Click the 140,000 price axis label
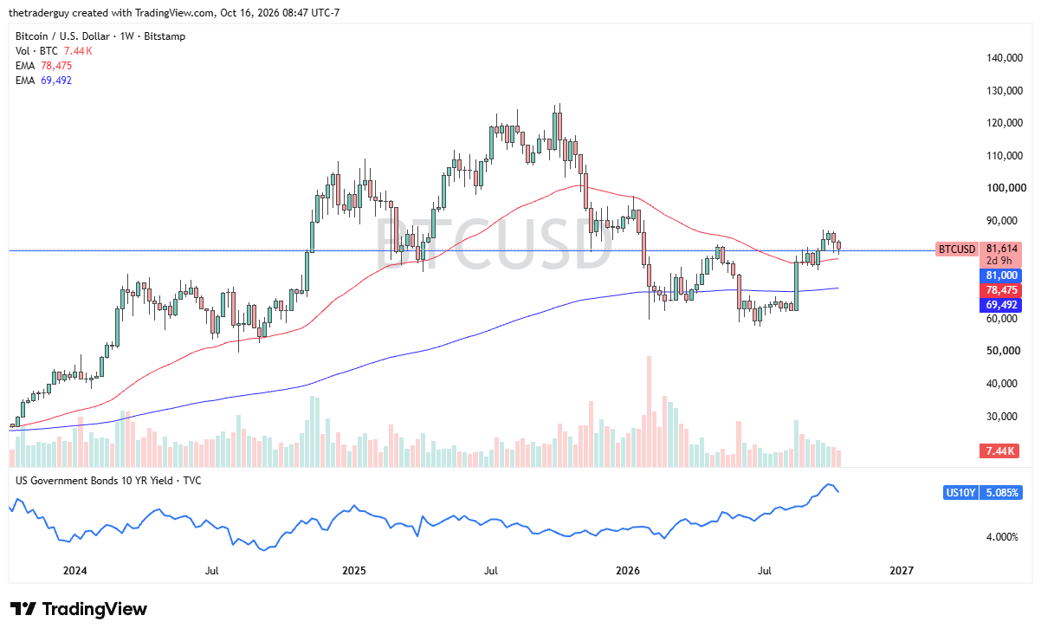pyautogui.click(x=1005, y=58)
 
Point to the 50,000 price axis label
pyautogui.click(x=1005, y=351)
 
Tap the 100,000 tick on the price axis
pyautogui.click(x=1006, y=188)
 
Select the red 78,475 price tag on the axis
pyautogui.click(x=1001, y=290)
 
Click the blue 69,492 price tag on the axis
pyautogui.click(x=1001, y=305)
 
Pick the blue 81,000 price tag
pyautogui.click(x=1001, y=275)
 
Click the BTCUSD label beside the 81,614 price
pyautogui.click(x=957, y=249)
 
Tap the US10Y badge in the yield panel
pyautogui.click(x=960, y=492)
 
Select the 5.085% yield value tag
pyautogui.click(x=1001, y=492)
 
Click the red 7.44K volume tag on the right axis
pyautogui.click(x=999, y=451)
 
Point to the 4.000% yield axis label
pyautogui.click(x=1002, y=537)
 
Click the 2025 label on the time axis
pyautogui.click(x=354, y=570)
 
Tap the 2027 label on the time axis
pyautogui.click(x=902, y=570)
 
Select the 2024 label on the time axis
pyautogui.click(x=74, y=570)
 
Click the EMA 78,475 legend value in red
pyautogui.click(x=56, y=66)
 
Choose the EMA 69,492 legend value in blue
pyautogui.click(x=56, y=81)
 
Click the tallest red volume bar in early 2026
pyautogui.click(x=649, y=411)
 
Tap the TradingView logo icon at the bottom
pyautogui.click(x=23, y=608)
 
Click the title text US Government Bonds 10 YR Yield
pyautogui.click(x=94, y=481)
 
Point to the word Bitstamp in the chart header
pyautogui.click(x=165, y=36)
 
